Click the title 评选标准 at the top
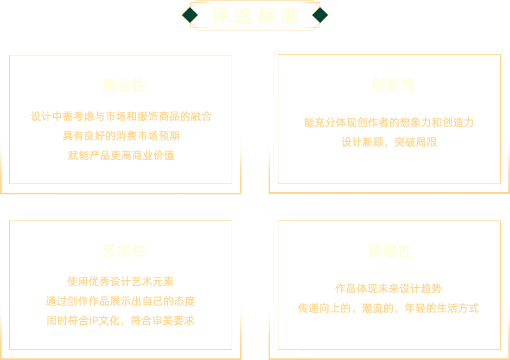coord(255,16)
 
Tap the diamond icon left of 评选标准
coord(189,15)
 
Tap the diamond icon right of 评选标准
coord(320,15)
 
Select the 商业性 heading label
coord(124,86)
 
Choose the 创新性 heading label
coord(393,85)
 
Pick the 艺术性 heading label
coord(124,250)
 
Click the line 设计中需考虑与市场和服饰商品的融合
coord(121,116)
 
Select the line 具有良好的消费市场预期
coord(121,136)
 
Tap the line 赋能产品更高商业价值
coord(121,155)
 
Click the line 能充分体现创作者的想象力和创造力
coord(388,123)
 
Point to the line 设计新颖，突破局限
coord(388,142)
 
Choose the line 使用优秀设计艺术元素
coord(120,281)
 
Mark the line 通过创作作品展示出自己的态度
coord(120,301)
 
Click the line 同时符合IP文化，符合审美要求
coord(120,320)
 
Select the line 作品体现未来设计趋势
coord(388,288)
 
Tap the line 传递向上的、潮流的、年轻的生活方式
coord(388,308)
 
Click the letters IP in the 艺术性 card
coord(91,320)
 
